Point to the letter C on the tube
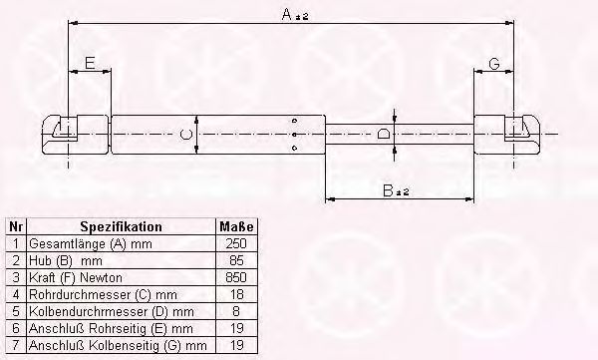(183, 133)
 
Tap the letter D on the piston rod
(386, 133)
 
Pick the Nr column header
(14, 225)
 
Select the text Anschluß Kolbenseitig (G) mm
(118, 345)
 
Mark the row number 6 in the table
(14, 328)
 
